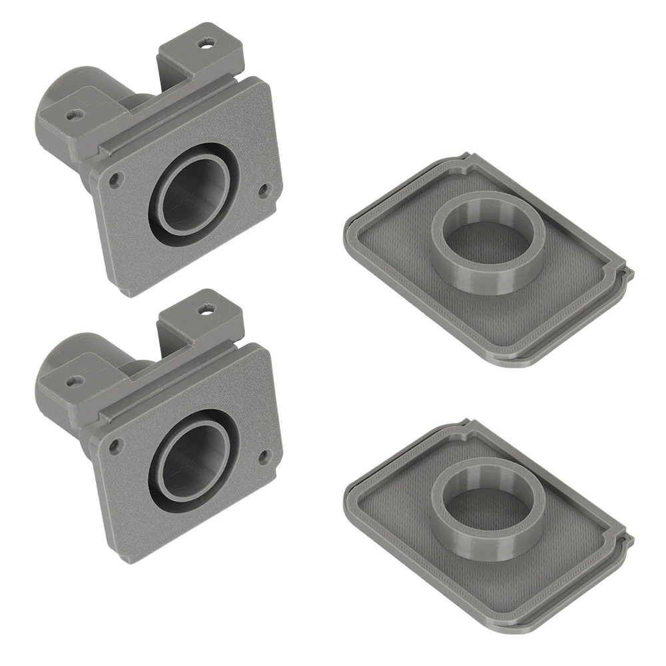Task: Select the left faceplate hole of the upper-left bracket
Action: [117, 178]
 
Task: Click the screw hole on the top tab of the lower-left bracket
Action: [206, 308]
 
